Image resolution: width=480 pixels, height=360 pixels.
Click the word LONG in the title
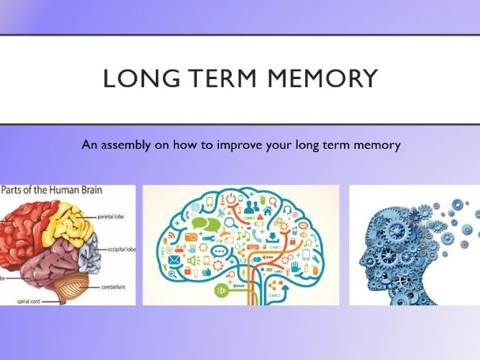pos(135,80)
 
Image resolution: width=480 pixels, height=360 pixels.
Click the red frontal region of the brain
pos(24,233)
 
